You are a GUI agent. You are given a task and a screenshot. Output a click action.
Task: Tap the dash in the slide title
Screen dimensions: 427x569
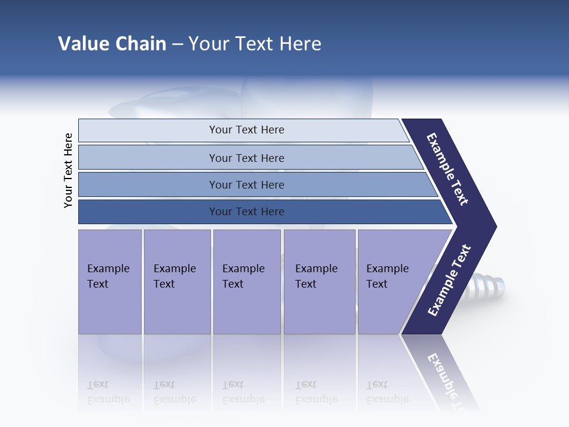(177, 44)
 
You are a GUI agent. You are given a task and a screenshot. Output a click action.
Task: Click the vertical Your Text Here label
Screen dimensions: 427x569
(68, 170)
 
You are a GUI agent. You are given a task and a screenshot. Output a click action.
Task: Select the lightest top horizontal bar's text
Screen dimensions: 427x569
(247, 130)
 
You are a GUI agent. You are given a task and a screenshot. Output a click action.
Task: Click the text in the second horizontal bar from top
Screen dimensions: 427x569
(247, 158)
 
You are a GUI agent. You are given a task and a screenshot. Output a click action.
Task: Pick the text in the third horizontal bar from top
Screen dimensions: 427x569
(247, 185)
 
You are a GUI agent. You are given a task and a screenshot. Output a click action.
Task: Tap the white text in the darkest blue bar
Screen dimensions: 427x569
(247, 212)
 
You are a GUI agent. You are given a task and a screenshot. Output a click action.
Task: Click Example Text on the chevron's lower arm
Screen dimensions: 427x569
(449, 280)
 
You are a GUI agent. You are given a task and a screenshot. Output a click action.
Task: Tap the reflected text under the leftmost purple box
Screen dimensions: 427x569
(108, 392)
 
